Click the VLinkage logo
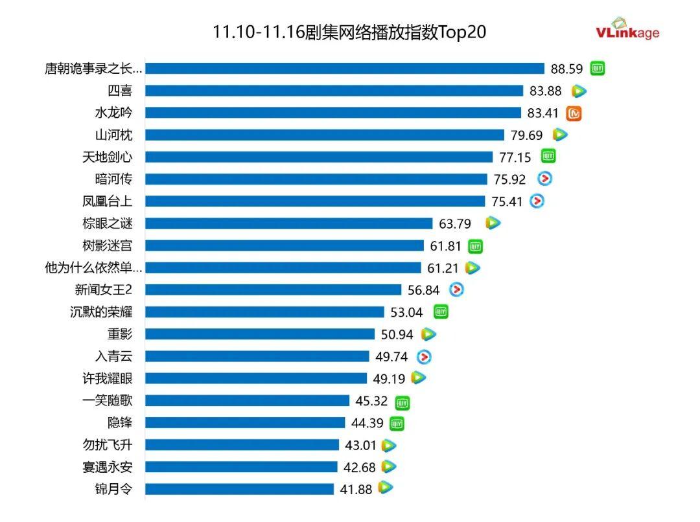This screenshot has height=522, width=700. [627, 30]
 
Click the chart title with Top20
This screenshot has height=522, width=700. [349, 32]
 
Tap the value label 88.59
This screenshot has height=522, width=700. [566, 69]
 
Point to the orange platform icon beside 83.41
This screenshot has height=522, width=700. [574, 113]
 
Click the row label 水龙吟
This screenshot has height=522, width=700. [113, 113]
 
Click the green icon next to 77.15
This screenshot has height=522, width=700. [549, 157]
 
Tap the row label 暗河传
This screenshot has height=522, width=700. [113, 179]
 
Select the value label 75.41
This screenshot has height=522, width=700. [506, 201]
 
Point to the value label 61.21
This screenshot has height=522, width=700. [443, 268]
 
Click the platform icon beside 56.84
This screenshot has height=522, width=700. [457, 289]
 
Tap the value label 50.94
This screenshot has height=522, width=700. [397, 335]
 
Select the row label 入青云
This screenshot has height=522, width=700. [113, 356]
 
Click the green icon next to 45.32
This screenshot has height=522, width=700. [402, 402]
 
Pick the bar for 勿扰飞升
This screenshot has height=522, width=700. [242, 445]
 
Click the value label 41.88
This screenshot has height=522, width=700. [356, 490]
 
